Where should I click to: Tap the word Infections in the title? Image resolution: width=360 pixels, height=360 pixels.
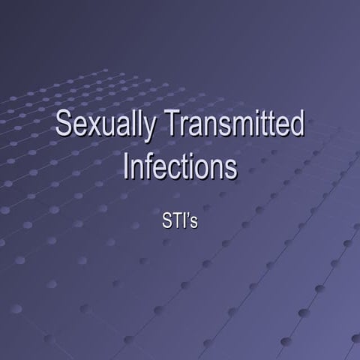pos(180,166)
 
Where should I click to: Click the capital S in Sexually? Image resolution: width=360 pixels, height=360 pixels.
pos(64,124)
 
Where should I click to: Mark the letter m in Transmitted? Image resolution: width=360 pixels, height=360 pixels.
pos(238,127)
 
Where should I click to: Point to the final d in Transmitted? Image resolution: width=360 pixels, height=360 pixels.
pos(296,124)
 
